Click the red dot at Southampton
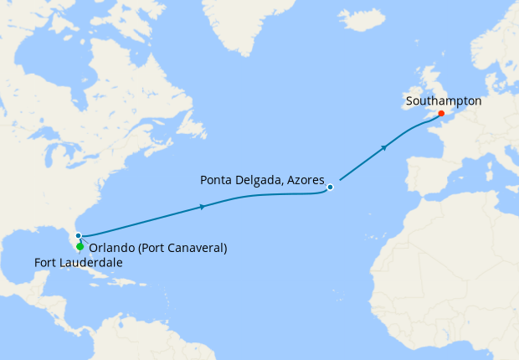point(441,114)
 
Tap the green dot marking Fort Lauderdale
point(80,246)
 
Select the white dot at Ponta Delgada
point(331,187)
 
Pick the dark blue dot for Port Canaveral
point(77,235)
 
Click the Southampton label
point(443,100)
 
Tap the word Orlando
point(110,248)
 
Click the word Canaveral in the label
point(194,248)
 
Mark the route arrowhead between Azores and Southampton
point(384,148)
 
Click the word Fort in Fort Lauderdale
point(46,263)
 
